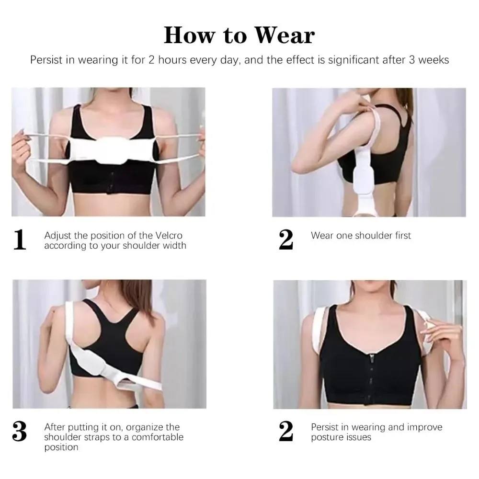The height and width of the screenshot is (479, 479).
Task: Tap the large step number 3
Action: pyautogui.click(x=20, y=432)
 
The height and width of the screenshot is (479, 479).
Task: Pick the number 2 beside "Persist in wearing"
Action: pyautogui.click(x=286, y=432)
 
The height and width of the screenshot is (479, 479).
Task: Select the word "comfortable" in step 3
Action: pyautogui.click(x=157, y=437)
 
